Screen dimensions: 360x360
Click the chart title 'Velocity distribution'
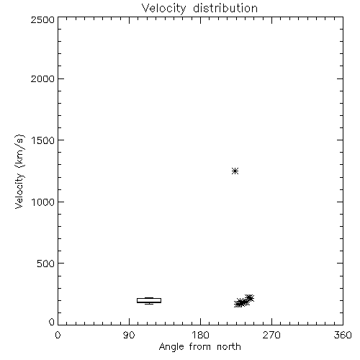[x=199, y=9]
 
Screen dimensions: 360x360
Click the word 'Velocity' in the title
[x=163, y=9]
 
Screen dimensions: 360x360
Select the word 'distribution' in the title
[x=225, y=8]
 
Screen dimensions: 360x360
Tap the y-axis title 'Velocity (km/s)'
[x=19, y=171]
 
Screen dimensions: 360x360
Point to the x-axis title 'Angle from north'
[x=200, y=347]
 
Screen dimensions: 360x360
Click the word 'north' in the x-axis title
[x=229, y=346]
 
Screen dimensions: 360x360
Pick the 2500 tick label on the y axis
[x=42, y=19]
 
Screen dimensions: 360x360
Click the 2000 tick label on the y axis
[x=42, y=78]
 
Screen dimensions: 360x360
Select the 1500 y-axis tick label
[x=43, y=140]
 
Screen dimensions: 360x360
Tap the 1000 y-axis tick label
[x=43, y=202]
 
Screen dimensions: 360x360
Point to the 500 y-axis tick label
[x=46, y=264]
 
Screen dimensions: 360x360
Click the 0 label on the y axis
[x=52, y=322]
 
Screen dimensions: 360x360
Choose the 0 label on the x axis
[x=58, y=335]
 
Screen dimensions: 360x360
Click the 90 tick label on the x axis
[x=129, y=335]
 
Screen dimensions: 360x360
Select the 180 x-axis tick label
[x=200, y=335]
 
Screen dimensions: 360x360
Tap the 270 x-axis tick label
[x=271, y=335]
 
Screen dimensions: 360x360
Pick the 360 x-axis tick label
[x=343, y=335]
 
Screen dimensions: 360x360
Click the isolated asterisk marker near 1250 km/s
[x=235, y=171]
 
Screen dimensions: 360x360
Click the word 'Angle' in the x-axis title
[x=171, y=347]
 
